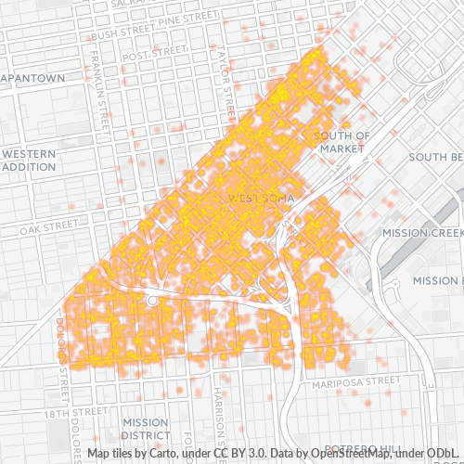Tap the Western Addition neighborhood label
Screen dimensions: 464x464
pos(29,160)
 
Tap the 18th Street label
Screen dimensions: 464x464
pos(76,410)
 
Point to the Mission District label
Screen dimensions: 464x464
pos(145,428)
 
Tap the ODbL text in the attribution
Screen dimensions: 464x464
pos(445,454)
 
